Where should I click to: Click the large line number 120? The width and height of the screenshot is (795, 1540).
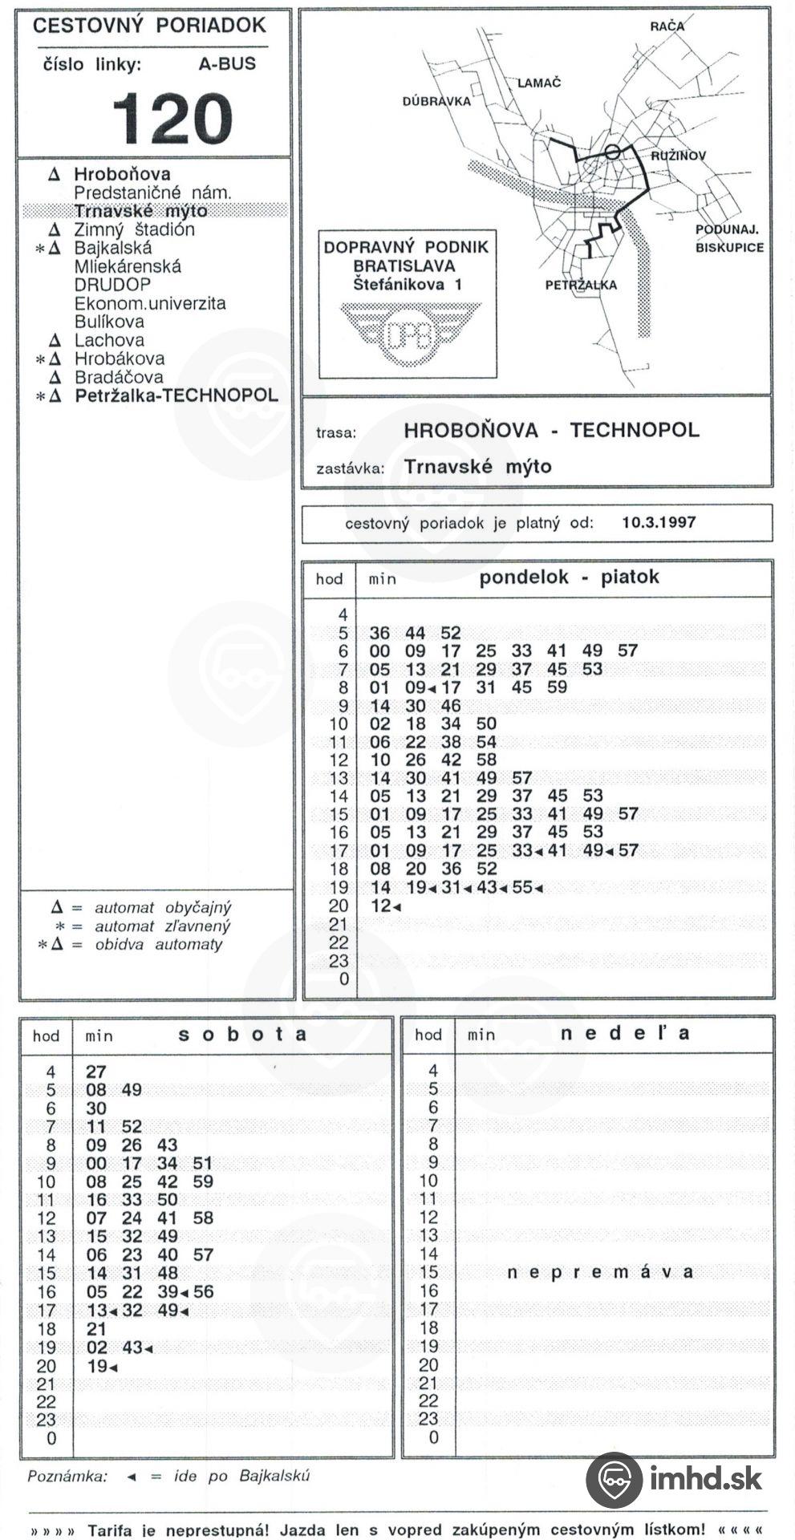pyautogui.click(x=172, y=118)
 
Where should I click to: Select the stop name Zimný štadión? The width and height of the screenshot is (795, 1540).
pyautogui.click(x=134, y=229)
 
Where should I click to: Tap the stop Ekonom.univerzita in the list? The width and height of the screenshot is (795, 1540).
pyautogui.click(x=150, y=303)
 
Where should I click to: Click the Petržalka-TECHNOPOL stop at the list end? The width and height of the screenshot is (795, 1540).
pyautogui.click(x=176, y=395)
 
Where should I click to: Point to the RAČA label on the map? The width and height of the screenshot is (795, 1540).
pyautogui.click(x=667, y=26)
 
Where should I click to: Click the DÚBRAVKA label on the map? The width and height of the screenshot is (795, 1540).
pyautogui.click(x=436, y=102)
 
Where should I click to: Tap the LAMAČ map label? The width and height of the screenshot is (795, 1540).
pyautogui.click(x=538, y=83)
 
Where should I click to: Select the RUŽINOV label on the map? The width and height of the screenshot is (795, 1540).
pyautogui.click(x=678, y=156)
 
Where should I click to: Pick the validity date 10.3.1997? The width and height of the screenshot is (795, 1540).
pyautogui.click(x=659, y=522)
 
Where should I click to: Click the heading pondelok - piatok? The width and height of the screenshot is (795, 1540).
pyautogui.click(x=569, y=577)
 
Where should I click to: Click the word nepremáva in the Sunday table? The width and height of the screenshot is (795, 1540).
pyautogui.click(x=600, y=1272)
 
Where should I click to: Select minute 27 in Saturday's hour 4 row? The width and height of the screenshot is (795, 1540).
pyautogui.click(x=95, y=1072)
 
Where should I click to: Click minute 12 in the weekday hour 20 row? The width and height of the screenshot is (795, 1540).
pyautogui.click(x=380, y=906)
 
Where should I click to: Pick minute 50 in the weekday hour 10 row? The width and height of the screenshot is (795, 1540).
pyautogui.click(x=486, y=723)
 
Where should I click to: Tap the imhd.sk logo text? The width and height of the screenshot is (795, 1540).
pyautogui.click(x=705, y=1478)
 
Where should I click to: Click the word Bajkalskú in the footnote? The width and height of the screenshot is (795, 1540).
pyautogui.click(x=274, y=1476)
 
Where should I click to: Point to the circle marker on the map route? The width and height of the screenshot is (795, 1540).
pyautogui.click(x=612, y=151)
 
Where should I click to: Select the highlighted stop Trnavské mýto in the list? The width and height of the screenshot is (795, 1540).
pyautogui.click(x=140, y=211)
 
